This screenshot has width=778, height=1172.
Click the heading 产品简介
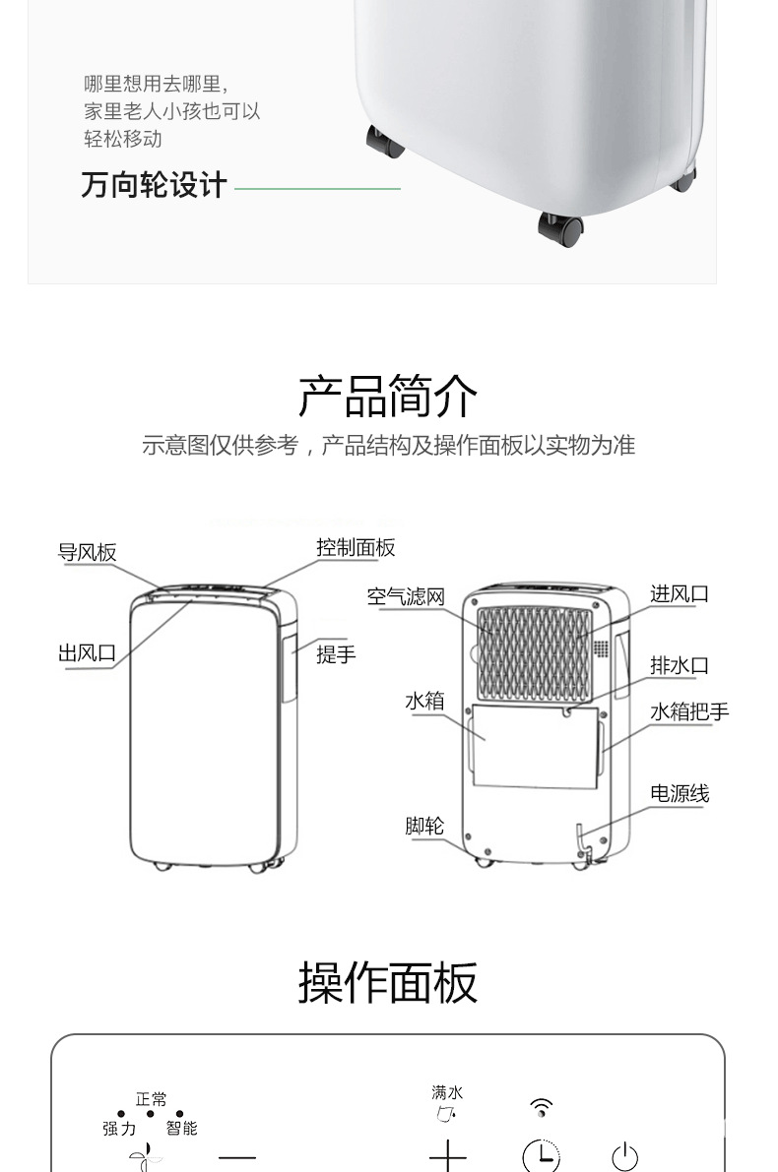point(388,396)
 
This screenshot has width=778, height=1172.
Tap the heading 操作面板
point(388,982)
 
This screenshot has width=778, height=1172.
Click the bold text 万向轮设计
point(154,185)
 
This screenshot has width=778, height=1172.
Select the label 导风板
point(87,553)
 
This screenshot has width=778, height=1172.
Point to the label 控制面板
point(356,548)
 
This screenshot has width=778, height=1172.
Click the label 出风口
point(87,653)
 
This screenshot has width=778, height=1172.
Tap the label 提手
point(336,654)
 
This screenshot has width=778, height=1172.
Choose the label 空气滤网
point(406,596)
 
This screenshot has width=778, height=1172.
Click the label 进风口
point(679,594)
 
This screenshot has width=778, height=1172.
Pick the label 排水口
point(679,666)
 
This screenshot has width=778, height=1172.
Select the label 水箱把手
point(689,711)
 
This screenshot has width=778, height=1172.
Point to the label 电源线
point(679,794)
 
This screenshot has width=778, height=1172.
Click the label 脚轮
point(424,827)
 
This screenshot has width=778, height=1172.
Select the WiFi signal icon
point(541,1108)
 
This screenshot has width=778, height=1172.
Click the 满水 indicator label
point(447,1092)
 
